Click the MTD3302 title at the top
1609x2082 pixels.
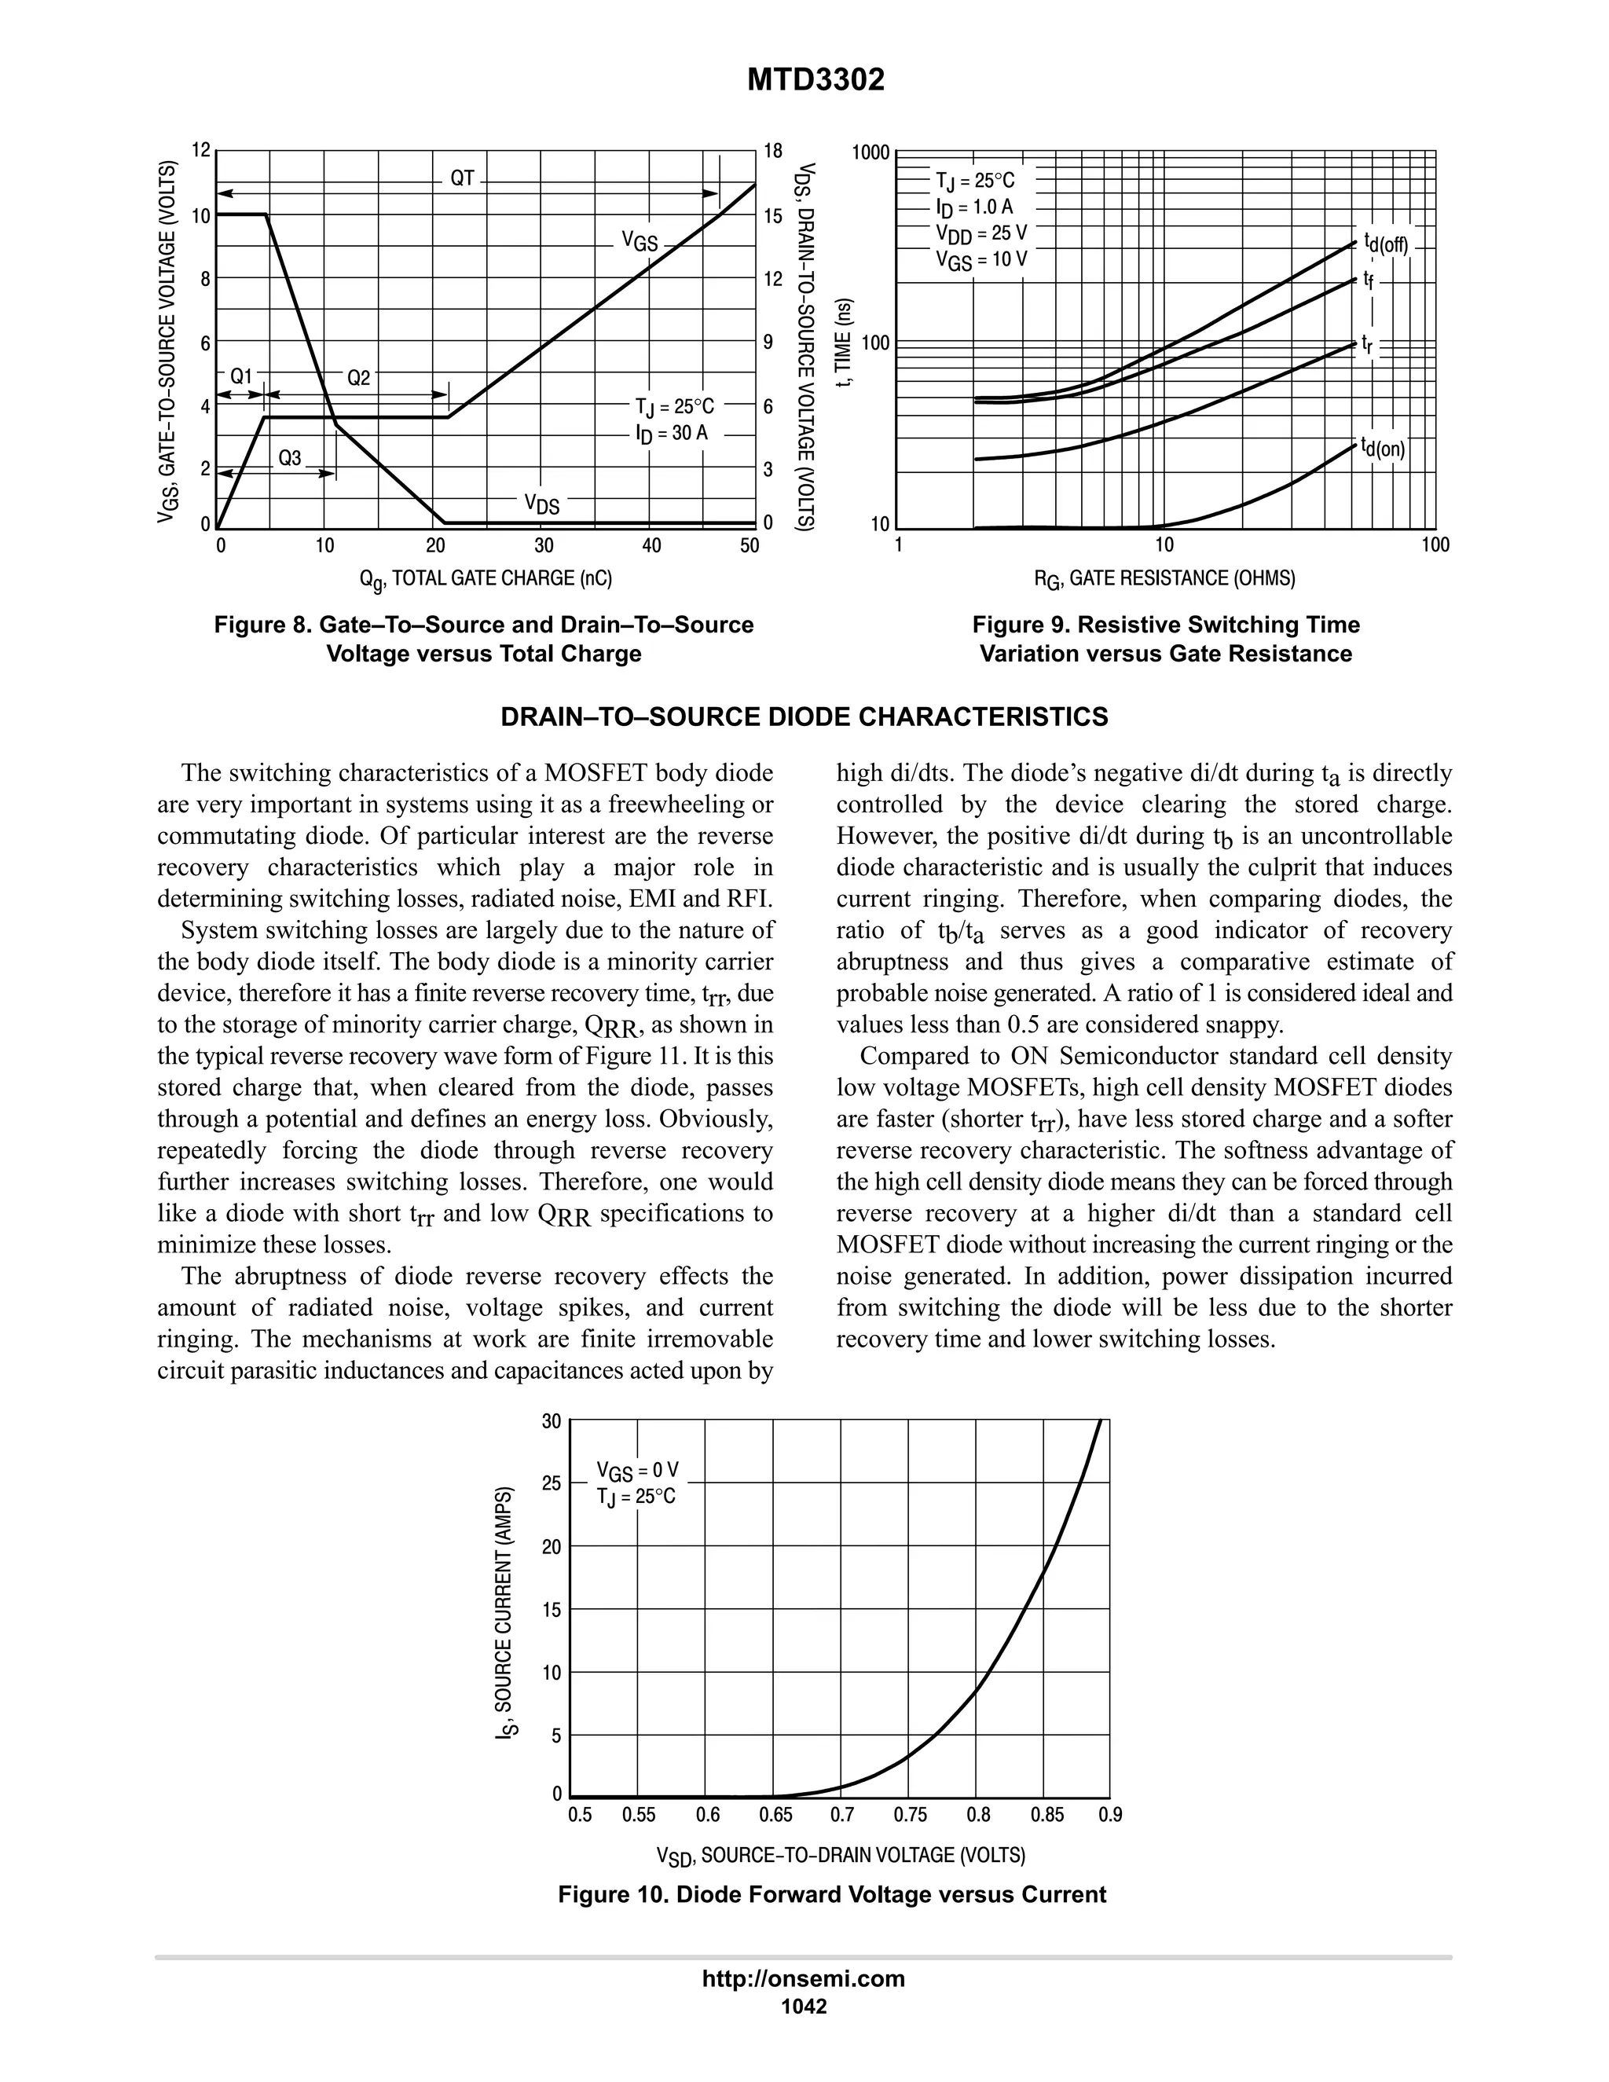[x=815, y=80]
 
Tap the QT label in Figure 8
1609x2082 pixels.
[x=462, y=178]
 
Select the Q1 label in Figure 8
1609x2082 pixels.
[x=242, y=377]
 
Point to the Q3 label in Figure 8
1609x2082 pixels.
[x=290, y=459]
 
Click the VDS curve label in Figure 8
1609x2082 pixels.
[x=542, y=504]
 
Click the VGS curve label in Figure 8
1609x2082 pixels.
[x=640, y=241]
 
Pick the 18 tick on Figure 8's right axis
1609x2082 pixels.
[x=773, y=151]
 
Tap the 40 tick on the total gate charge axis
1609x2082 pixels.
[x=652, y=546]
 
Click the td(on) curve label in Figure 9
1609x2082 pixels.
[x=1383, y=447]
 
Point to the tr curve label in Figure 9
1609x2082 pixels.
[x=1368, y=344]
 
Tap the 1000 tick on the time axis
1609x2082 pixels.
[x=871, y=152]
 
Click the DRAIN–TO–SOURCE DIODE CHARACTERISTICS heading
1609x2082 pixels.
[x=804, y=717]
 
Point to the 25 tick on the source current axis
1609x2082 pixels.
[x=551, y=1484]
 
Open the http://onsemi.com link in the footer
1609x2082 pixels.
[x=804, y=1979]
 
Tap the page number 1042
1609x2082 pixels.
[x=804, y=2007]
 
